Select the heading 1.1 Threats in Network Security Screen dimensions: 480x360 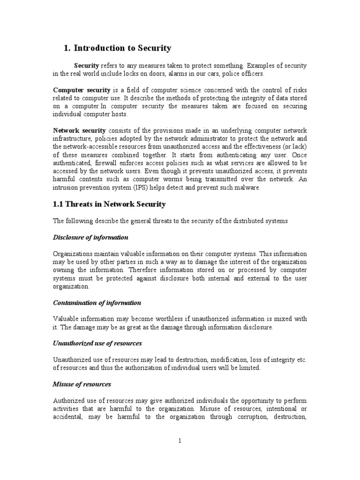pyautogui.click(x=109, y=204)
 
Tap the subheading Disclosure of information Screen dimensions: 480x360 pyautogui.click(x=90, y=237)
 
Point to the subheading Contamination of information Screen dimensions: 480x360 pyautogui.click(x=97, y=303)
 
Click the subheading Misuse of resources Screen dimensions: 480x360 pyautogui.click(x=82, y=384)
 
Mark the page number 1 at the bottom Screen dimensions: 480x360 pyautogui.click(x=180, y=441)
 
